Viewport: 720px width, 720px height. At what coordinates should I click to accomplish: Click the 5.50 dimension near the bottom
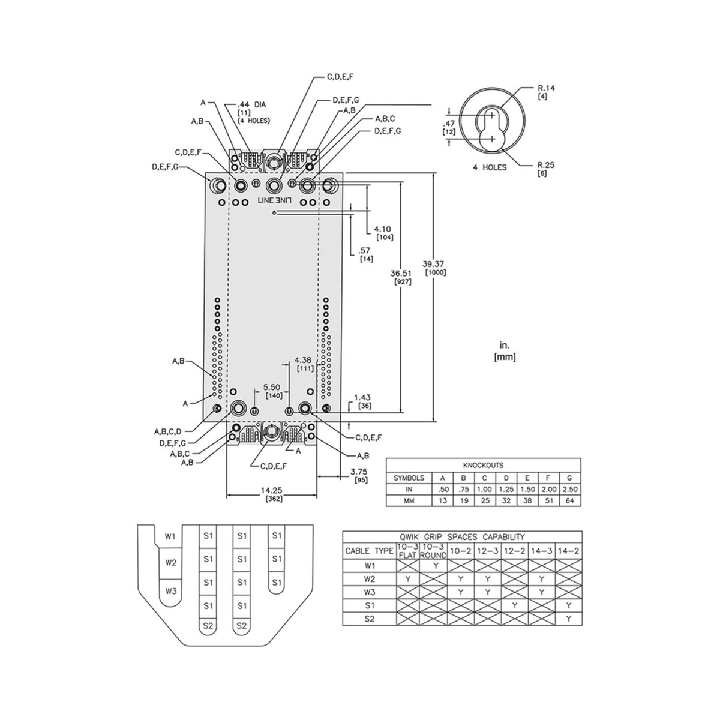coord(271,388)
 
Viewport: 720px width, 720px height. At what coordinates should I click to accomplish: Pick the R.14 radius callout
coord(547,88)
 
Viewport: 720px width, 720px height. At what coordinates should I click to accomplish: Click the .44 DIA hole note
coord(252,104)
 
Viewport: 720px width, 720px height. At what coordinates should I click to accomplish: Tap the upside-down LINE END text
coord(274,199)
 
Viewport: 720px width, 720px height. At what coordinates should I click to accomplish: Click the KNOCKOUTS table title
coord(483,465)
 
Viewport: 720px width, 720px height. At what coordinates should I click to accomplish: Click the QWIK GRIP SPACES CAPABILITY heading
coord(462,537)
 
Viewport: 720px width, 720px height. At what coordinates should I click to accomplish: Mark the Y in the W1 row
coord(434,565)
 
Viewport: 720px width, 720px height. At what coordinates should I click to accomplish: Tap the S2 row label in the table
coord(368,619)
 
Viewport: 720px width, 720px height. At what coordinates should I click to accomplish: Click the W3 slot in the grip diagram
coord(171,590)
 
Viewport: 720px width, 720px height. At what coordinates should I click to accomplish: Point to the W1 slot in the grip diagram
coord(171,536)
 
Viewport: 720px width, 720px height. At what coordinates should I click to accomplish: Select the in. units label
coord(504,346)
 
